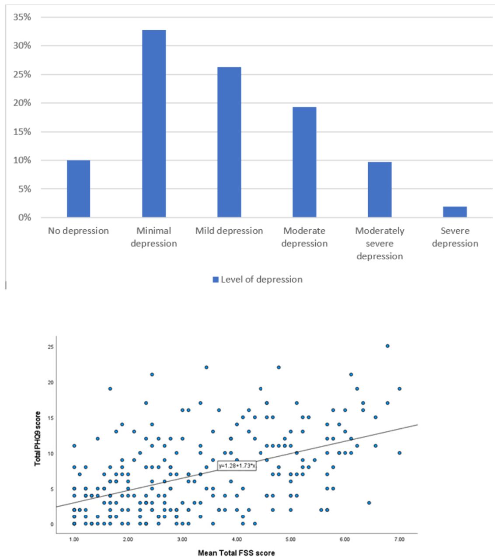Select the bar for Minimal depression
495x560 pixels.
click(x=154, y=123)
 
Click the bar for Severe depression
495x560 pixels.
click(x=455, y=212)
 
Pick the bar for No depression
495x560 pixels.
click(x=78, y=189)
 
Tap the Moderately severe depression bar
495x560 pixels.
click(x=380, y=189)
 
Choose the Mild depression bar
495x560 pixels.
click(x=229, y=142)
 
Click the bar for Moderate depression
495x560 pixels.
click(x=304, y=162)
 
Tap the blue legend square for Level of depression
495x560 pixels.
click(x=215, y=280)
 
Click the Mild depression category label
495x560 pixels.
click(x=229, y=231)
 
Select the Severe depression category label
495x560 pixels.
click(x=455, y=237)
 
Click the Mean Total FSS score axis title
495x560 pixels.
click(x=237, y=553)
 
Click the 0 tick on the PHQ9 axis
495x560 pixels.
click(x=52, y=524)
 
